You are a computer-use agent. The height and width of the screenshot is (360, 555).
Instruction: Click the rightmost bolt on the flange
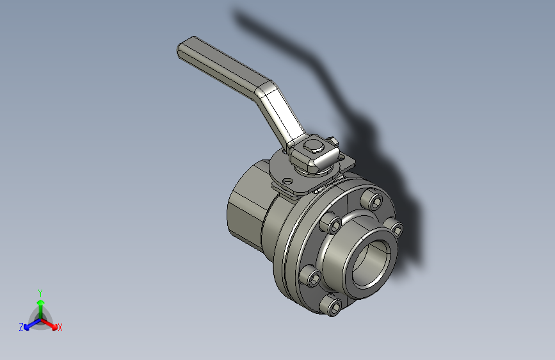(395, 229)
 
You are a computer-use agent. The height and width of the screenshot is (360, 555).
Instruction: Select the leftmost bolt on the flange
(313, 277)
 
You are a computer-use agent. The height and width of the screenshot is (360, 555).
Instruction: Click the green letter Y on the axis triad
(40, 291)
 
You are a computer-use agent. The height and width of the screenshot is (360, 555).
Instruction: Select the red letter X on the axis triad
(60, 327)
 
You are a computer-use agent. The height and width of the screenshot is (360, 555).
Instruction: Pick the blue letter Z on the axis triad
(21, 327)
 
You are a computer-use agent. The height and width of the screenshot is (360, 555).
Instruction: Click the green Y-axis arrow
(40, 304)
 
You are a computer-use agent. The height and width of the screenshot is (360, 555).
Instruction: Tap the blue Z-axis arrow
(29, 325)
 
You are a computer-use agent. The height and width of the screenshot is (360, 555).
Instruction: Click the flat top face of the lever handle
(224, 61)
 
